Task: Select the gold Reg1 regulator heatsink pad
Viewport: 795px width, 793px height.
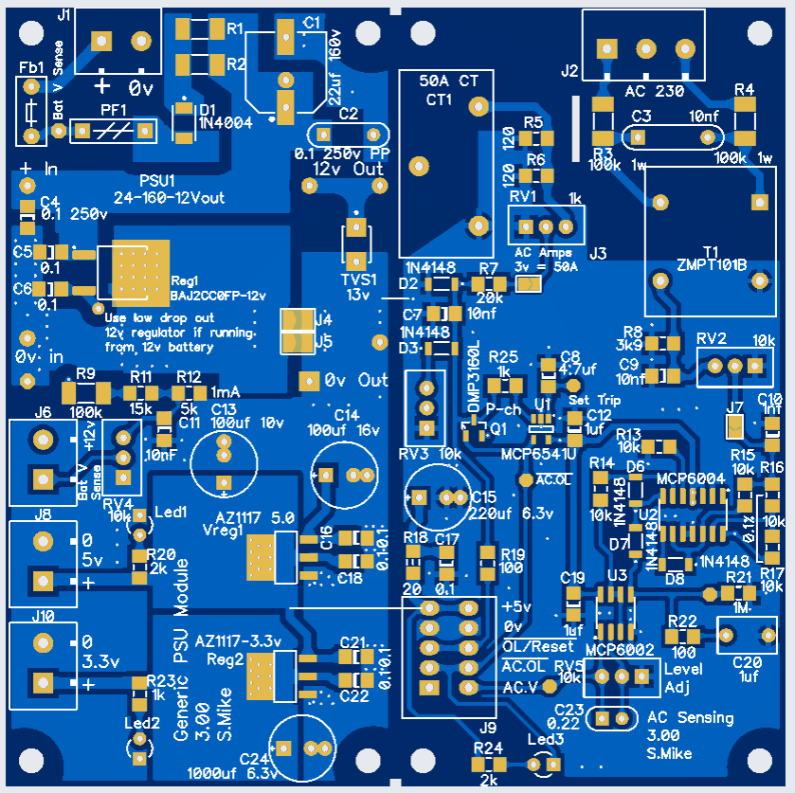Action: click(140, 269)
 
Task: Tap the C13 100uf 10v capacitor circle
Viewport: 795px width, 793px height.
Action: click(224, 462)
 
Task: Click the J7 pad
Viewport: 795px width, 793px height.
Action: click(734, 427)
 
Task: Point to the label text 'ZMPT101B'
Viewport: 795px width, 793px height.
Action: click(713, 264)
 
